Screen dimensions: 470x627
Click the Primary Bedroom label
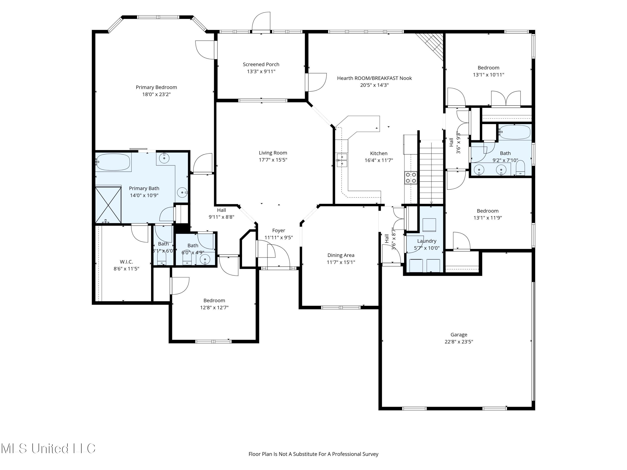[156, 87]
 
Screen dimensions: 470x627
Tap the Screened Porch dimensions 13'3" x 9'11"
[261, 71]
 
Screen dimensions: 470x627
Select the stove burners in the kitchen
[411, 178]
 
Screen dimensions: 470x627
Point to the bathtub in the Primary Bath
[113, 162]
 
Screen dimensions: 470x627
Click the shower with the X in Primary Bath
[108, 205]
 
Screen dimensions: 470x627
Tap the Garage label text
[459, 335]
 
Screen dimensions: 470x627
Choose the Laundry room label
[427, 241]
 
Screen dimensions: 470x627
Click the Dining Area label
[341, 255]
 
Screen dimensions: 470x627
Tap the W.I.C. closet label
[126, 262]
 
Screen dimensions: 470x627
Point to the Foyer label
[278, 231]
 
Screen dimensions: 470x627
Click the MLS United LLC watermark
[48, 448]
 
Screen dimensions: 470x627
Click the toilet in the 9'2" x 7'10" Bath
[520, 169]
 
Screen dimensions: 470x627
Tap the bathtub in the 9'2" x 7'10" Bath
[515, 132]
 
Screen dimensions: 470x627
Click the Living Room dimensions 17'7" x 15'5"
[273, 160]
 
